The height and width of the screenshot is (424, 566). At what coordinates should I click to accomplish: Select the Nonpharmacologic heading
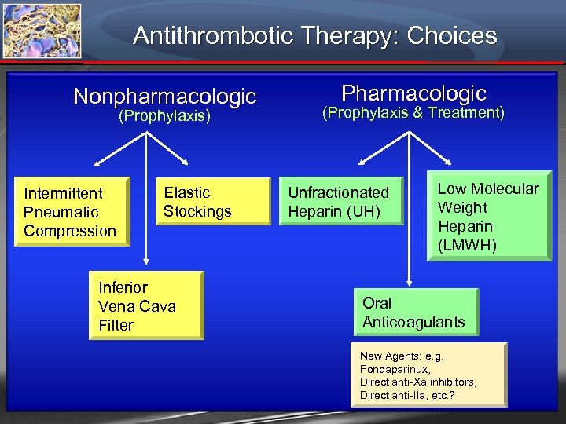click(165, 97)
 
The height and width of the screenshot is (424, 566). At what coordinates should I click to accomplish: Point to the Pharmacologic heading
click(413, 93)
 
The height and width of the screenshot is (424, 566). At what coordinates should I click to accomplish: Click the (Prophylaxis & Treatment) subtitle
click(413, 113)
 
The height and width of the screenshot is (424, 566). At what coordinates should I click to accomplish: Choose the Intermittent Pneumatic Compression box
click(72, 212)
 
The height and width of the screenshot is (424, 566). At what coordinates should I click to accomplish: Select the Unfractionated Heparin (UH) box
click(341, 202)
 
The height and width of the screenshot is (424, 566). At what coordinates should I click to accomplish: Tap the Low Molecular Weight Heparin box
click(490, 217)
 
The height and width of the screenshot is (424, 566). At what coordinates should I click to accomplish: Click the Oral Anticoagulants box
click(414, 313)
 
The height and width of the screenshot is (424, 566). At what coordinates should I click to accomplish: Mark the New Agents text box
click(428, 375)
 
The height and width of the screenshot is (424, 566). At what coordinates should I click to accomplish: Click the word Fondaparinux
click(395, 369)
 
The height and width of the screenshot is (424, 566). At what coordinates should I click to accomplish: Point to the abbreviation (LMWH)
click(468, 246)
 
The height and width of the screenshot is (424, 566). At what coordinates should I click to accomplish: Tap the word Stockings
click(197, 211)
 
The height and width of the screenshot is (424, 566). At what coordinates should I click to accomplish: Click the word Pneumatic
click(61, 212)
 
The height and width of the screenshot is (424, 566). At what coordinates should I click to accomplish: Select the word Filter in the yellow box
click(116, 325)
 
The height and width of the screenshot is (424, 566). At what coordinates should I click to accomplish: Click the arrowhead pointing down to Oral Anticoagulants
click(408, 283)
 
